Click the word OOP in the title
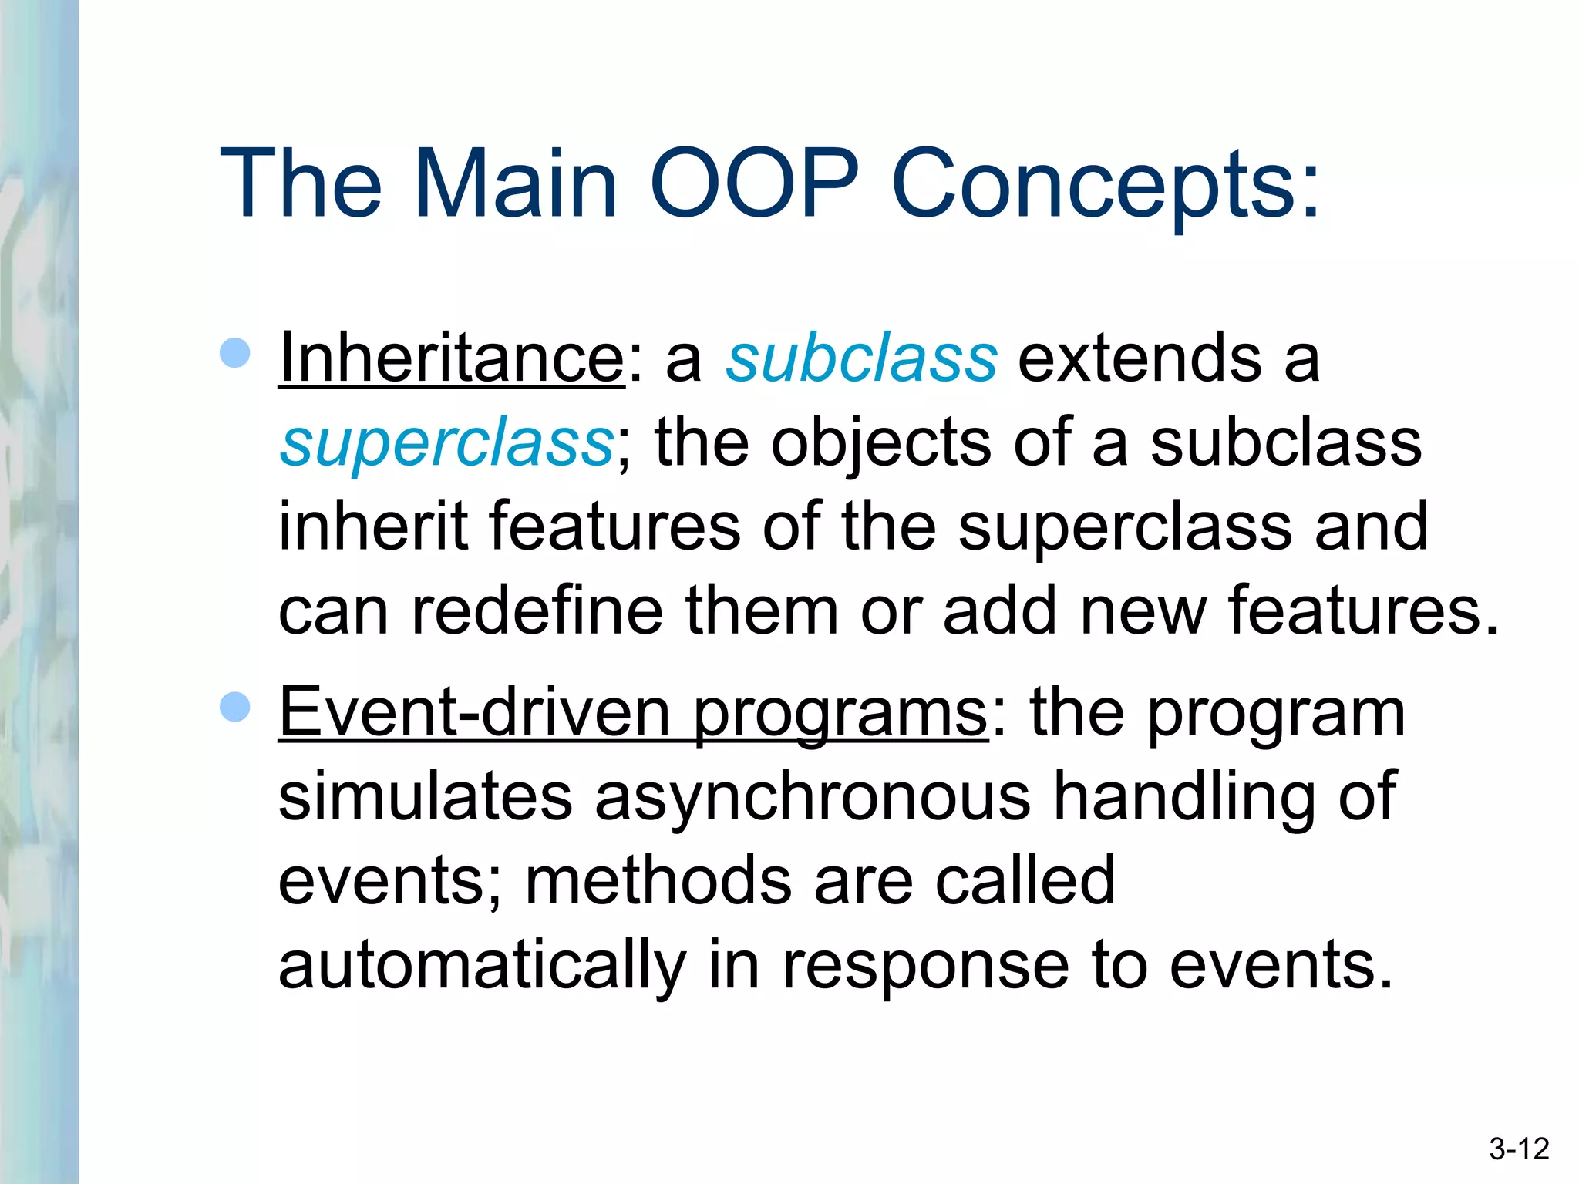click(x=754, y=185)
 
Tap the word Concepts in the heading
click(x=1104, y=185)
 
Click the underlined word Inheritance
click(x=451, y=358)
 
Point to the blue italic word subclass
click(x=861, y=358)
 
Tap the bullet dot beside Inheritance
click(x=235, y=353)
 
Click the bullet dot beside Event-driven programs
click(x=235, y=707)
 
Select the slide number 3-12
click(x=1518, y=1149)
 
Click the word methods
click(x=658, y=880)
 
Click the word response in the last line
click(x=925, y=965)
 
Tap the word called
click(x=1025, y=880)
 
